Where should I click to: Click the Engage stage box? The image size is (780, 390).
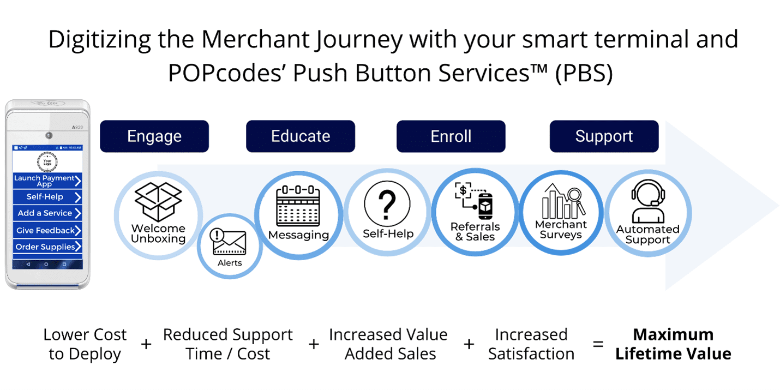pyautogui.click(x=154, y=136)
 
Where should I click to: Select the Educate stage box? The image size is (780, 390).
pyautogui.click(x=301, y=136)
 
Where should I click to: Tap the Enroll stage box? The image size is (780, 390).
pyautogui.click(x=451, y=136)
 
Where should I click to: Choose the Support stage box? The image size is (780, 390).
pyautogui.click(x=604, y=136)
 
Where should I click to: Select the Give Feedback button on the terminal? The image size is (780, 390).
pyautogui.click(x=47, y=230)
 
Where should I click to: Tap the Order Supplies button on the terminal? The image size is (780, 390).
pyautogui.click(x=47, y=247)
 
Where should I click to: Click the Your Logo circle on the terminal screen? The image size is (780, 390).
pyautogui.click(x=47, y=161)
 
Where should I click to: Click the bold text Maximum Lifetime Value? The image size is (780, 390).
pyautogui.click(x=673, y=344)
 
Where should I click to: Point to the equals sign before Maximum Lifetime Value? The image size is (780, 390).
pyautogui.click(x=598, y=345)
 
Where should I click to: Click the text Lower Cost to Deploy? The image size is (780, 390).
pyautogui.click(x=85, y=344)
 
